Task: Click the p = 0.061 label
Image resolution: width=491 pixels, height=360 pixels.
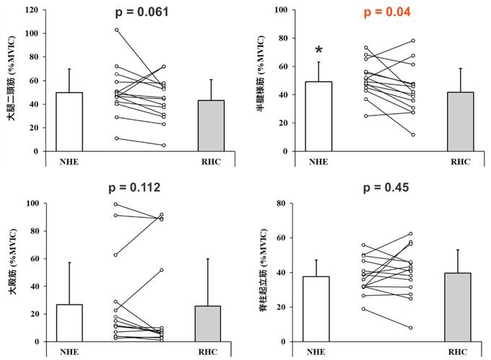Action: [x=149, y=12]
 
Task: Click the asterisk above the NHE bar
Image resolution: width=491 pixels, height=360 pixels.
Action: [x=319, y=51]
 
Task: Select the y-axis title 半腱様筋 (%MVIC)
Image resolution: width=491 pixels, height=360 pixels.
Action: [x=268, y=81]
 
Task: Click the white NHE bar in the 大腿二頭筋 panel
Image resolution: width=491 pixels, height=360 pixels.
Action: [x=69, y=122]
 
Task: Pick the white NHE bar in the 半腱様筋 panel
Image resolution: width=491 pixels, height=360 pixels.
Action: [x=318, y=117]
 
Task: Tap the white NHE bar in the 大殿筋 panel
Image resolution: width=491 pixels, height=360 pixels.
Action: [x=69, y=323]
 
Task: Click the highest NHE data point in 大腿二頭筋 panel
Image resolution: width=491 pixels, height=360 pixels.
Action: [x=116, y=30]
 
